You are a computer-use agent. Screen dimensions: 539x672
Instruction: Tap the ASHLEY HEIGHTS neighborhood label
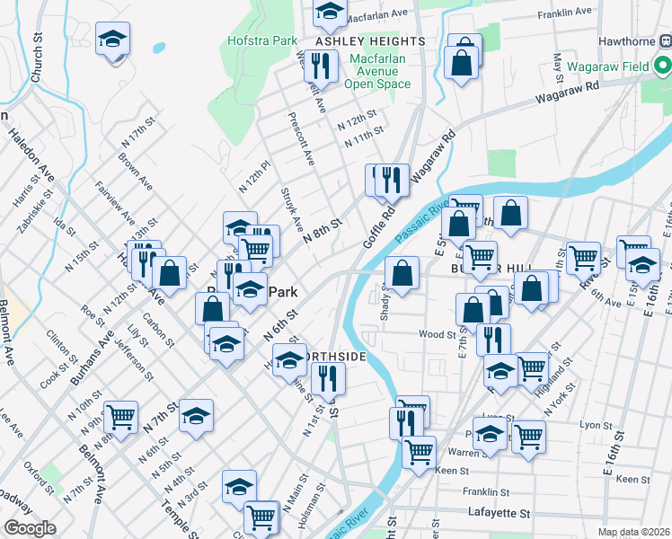[370, 42]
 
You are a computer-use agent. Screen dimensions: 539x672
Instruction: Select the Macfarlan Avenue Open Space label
[377, 71]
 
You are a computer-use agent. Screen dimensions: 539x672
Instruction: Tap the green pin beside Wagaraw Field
[661, 66]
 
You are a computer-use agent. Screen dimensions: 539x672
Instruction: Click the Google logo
[30, 528]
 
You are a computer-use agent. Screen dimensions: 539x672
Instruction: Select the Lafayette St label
[500, 513]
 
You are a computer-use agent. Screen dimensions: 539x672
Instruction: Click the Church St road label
[37, 62]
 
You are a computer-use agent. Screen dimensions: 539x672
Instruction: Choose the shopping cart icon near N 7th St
[119, 416]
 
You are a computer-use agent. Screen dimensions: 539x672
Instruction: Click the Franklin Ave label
[564, 13]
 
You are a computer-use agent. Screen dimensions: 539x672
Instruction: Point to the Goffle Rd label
[380, 230]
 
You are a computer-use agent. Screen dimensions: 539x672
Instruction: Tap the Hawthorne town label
[632, 40]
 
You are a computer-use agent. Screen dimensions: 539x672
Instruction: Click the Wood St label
[438, 334]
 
